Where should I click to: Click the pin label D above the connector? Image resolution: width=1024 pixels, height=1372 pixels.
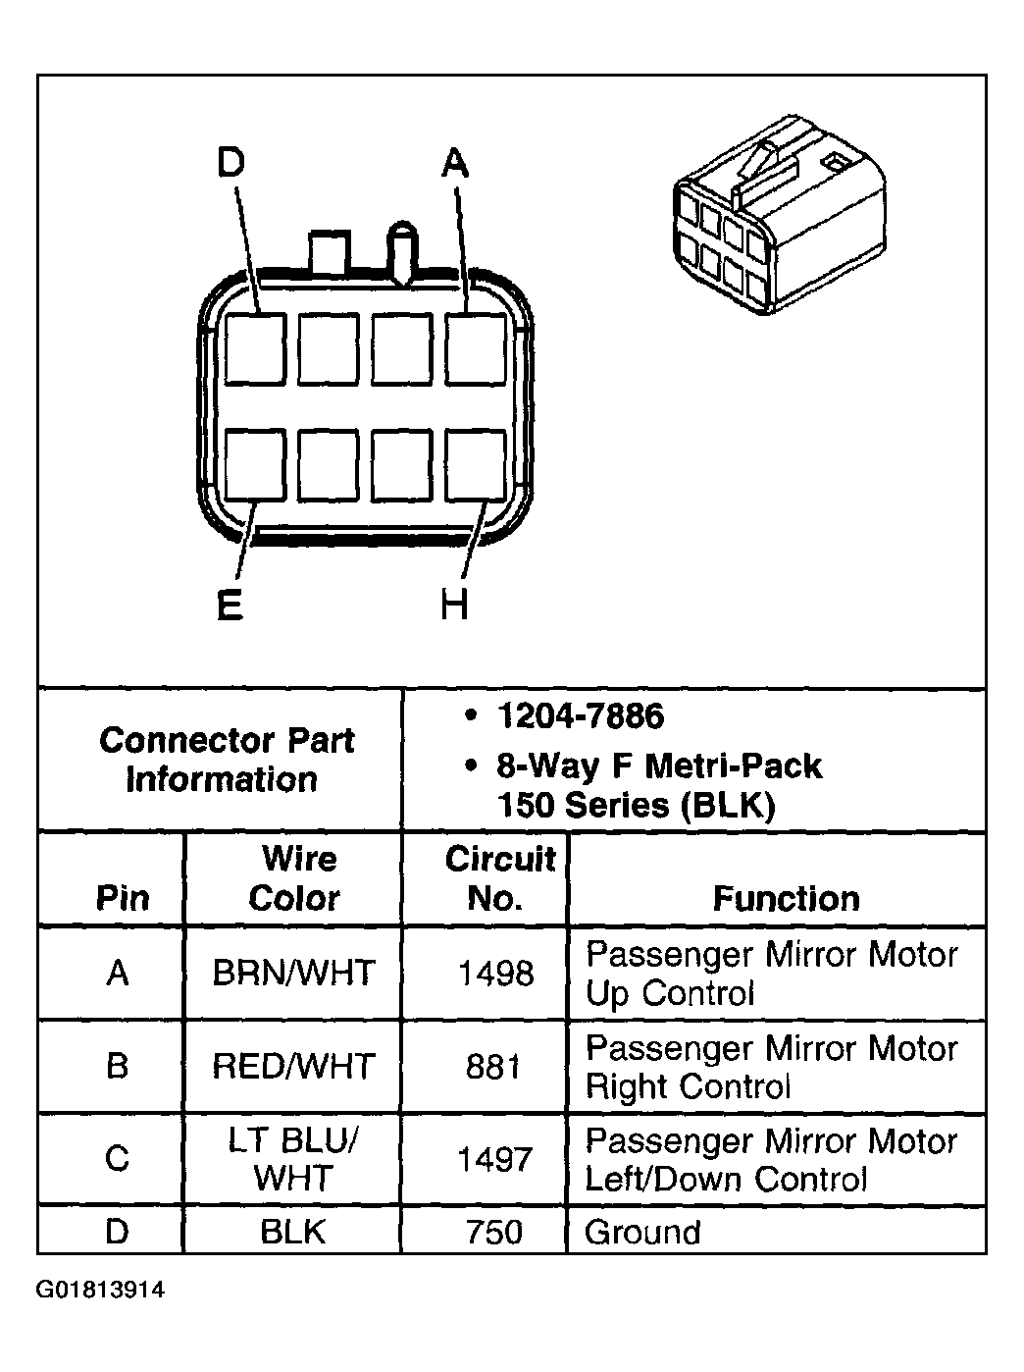pyautogui.click(x=230, y=163)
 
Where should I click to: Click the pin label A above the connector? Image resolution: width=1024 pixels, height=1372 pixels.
pyautogui.click(x=455, y=163)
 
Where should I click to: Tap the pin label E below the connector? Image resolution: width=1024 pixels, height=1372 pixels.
pyautogui.click(x=230, y=605)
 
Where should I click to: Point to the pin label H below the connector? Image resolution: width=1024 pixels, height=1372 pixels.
pyautogui.click(x=454, y=605)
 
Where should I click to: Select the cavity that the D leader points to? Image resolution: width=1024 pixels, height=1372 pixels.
pyautogui.click(x=255, y=348)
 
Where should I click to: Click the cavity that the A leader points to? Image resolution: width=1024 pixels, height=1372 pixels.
pyautogui.click(x=477, y=348)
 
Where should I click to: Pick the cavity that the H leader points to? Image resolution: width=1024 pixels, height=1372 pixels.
pyautogui.click(x=477, y=465)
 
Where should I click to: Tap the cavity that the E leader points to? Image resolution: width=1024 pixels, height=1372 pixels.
pyautogui.click(x=255, y=465)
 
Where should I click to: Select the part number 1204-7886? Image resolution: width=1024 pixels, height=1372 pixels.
pyautogui.click(x=580, y=716)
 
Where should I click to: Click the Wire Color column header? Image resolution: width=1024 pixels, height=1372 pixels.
pyautogui.click(x=294, y=878)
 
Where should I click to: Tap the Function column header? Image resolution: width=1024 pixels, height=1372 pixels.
pyautogui.click(x=786, y=898)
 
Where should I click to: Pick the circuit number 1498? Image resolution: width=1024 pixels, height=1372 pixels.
pyautogui.click(x=495, y=974)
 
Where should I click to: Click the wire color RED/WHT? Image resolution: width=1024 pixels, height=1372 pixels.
pyautogui.click(x=293, y=1066)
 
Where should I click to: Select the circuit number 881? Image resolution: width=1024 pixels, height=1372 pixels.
pyautogui.click(x=494, y=1066)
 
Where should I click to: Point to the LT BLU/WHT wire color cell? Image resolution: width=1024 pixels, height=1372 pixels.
pyautogui.click(x=293, y=1159)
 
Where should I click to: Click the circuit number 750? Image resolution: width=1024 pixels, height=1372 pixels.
pyautogui.click(x=494, y=1232)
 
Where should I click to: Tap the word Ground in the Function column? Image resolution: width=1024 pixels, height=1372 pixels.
pyautogui.click(x=642, y=1232)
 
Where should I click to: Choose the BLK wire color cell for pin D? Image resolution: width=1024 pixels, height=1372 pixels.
pyautogui.click(x=293, y=1232)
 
